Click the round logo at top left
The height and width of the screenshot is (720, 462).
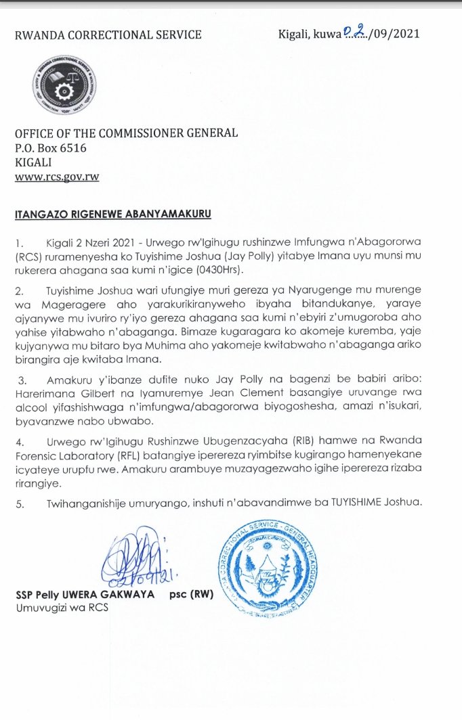60,89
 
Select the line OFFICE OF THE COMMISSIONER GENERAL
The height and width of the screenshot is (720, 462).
127,133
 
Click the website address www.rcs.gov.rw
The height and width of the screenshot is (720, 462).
57,177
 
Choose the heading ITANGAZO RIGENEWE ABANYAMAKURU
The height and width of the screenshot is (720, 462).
113,215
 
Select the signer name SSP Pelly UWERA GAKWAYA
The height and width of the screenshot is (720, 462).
84,595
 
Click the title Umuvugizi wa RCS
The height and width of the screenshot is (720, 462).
62,608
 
